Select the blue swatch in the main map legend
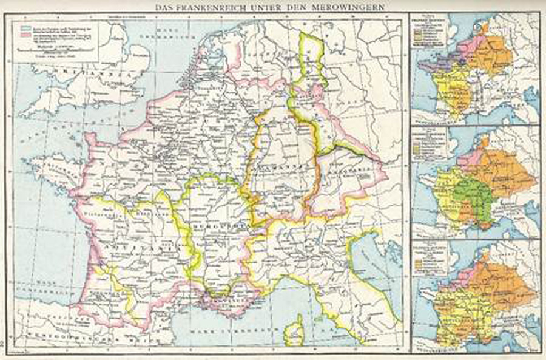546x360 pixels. (x=24, y=28)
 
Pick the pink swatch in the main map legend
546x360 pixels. (x=24, y=36)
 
